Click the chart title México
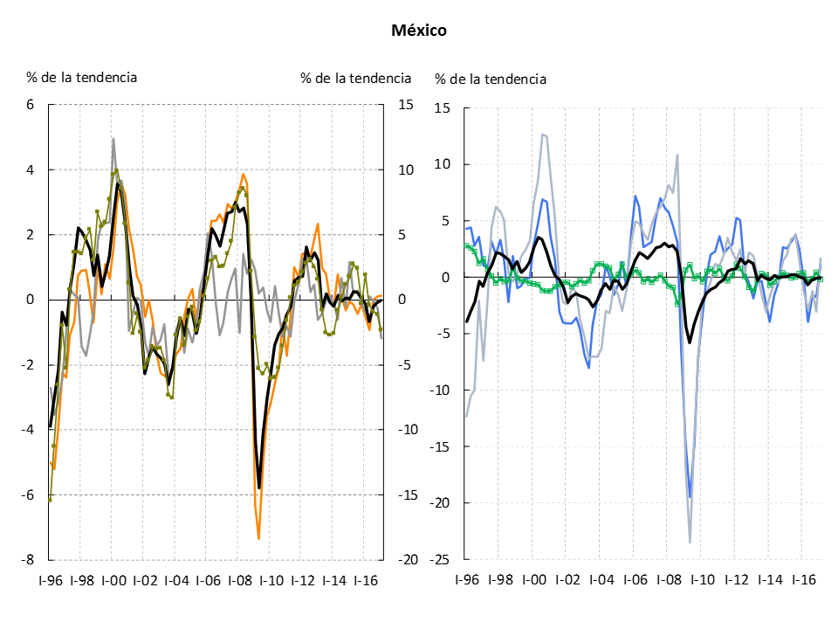pos(418,31)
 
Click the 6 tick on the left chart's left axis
pos(30,105)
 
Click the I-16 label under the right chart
pos(803,579)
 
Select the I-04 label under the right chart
pos(601,579)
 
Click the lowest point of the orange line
pos(259,538)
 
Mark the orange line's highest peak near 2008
pos(244,174)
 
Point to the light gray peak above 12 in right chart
pos(542,135)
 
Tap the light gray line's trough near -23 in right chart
pos(690,543)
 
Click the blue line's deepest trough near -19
pos(690,497)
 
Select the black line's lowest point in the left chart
pos(259,487)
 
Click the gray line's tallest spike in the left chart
pos(113,139)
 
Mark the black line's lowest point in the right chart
pos(690,342)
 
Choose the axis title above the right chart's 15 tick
pos(491,79)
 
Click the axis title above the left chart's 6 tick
pos(81,77)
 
